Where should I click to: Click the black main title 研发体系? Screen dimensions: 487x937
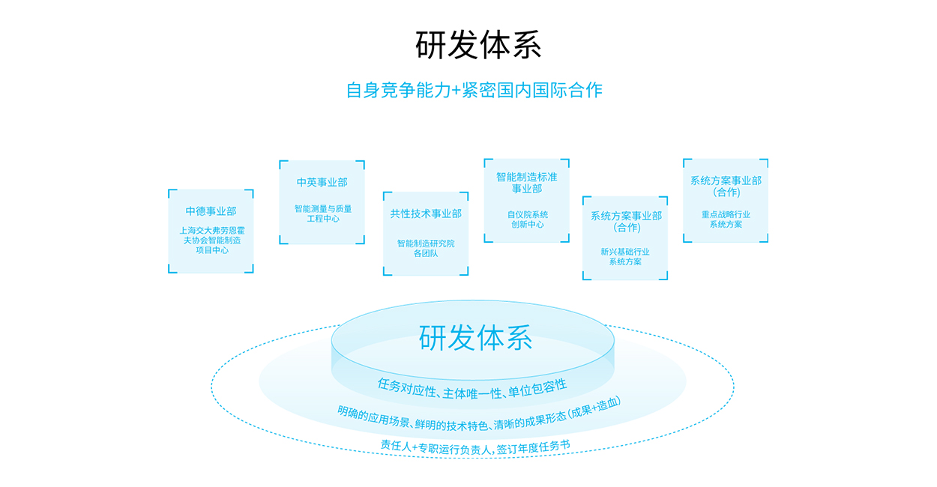478,45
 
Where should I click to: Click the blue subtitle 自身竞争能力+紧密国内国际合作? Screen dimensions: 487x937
474,90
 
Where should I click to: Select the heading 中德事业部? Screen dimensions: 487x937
211,211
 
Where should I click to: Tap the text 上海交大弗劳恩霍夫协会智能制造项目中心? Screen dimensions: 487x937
211,241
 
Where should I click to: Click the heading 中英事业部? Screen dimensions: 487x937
322,182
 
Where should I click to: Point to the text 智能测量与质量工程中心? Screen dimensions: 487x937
322,214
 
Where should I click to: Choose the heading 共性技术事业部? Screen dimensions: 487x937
426,214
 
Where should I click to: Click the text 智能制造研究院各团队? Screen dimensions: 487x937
426,249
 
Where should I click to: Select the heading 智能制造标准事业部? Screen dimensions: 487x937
526,183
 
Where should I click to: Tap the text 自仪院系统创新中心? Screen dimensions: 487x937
527,220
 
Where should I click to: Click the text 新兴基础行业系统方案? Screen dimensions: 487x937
624,257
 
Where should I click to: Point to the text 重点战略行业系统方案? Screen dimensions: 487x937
726,219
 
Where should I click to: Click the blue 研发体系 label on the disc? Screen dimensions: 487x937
475,338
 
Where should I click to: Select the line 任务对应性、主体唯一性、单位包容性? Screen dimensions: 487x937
472,385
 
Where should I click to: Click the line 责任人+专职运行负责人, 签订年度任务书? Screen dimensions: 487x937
475,445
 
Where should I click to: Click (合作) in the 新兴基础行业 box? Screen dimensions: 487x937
626,228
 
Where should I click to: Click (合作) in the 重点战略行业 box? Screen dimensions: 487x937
726,192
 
